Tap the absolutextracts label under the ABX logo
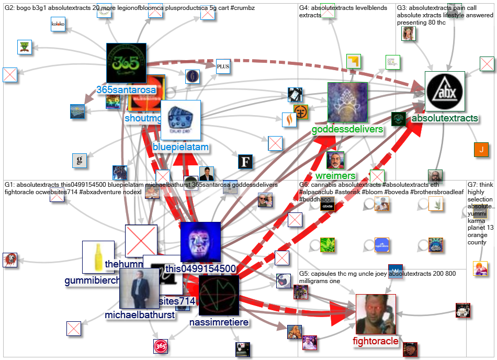[x=445, y=118]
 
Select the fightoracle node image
[x=376, y=314]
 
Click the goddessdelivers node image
[x=348, y=102]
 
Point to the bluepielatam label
[x=181, y=147]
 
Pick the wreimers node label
[x=335, y=175]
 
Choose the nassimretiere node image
[x=219, y=295]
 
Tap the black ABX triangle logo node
[x=445, y=91]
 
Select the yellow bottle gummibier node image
[x=98, y=257]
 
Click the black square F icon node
[x=245, y=162]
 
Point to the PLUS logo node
[x=223, y=67]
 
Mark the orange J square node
[x=481, y=150]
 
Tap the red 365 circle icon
[x=160, y=346]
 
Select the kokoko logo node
[x=58, y=24]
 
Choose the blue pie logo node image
[x=180, y=120]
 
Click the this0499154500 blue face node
[x=200, y=242]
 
